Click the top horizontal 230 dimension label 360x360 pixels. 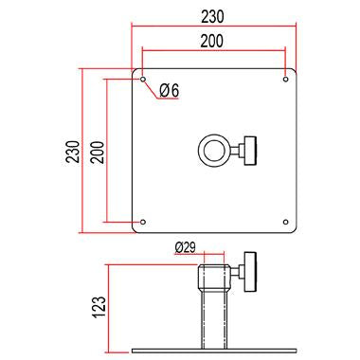[212, 16]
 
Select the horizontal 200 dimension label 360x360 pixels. [212, 41]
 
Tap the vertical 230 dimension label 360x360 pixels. [73, 152]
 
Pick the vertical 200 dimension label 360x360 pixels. [97, 152]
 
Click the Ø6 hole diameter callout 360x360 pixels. [169, 91]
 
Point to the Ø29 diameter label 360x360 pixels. [185, 247]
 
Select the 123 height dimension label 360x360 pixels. [99, 307]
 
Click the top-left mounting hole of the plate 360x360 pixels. [143, 79]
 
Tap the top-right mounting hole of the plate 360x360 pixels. [285, 79]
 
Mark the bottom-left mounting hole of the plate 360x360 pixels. [143, 222]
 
